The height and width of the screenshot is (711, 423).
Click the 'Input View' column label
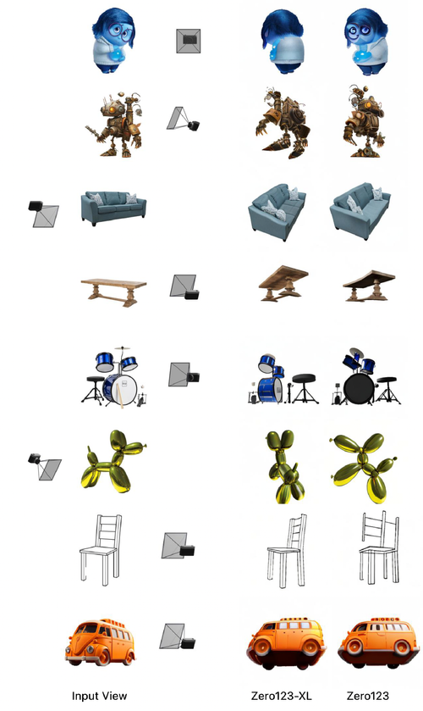(100, 696)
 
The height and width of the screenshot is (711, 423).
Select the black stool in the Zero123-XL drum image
(302, 386)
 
